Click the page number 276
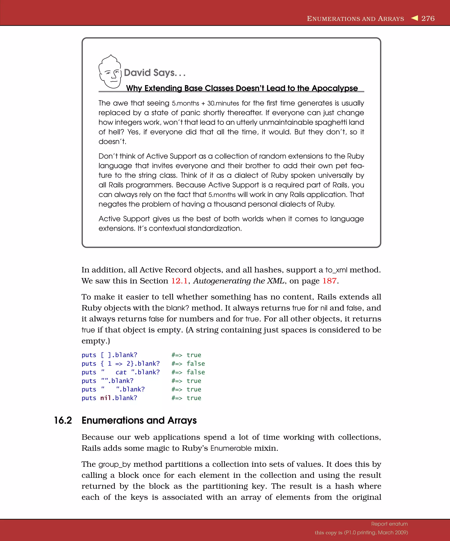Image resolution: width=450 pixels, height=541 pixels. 428,18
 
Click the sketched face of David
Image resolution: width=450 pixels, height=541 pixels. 110,72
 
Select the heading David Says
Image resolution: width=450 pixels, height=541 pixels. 154,73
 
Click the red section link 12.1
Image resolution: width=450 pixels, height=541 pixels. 179,281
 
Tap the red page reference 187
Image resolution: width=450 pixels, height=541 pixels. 329,281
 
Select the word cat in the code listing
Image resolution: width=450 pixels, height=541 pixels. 121,372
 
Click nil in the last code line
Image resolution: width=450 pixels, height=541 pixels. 105,398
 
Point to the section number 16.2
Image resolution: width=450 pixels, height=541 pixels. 63,420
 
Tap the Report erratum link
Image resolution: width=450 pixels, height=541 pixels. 389,524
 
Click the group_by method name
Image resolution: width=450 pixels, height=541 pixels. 114,464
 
